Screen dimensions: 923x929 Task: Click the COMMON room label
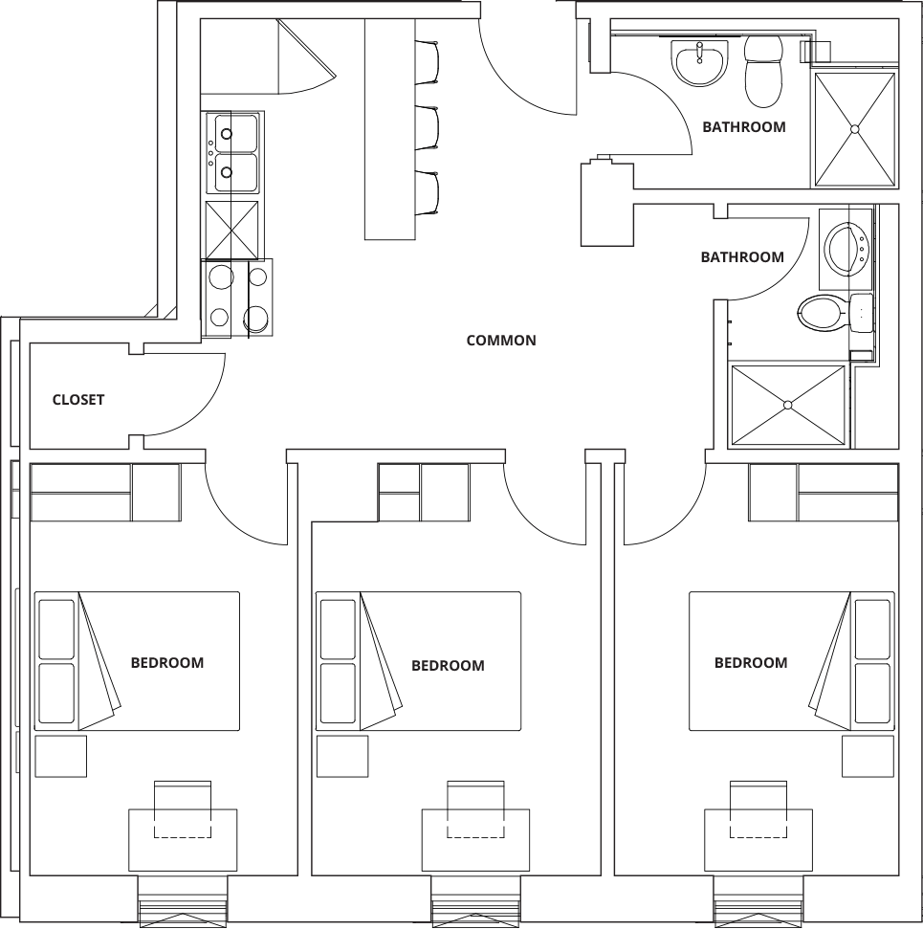[501, 340]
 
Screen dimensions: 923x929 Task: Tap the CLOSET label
[78, 400]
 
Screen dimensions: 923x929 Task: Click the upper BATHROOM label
[744, 127]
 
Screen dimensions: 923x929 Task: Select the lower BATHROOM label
[742, 257]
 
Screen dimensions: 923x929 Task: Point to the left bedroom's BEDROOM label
[167, 662]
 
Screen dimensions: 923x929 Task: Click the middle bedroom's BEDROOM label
[448, 665]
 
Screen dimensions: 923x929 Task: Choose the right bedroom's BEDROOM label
[751, 662]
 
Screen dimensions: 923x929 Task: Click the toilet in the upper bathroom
[763, 71]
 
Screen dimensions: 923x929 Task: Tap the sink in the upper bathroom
[699, 62]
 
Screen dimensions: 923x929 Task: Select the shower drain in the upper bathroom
[855, 128]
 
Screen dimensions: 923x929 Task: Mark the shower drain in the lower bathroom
[788, 405]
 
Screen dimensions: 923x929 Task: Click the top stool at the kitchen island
[427, 62]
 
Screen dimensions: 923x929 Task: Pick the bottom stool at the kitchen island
[427, 192]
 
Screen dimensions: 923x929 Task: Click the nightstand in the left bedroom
[60, 756]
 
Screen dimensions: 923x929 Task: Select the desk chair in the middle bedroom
[475, 808]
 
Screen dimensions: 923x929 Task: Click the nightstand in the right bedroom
[868, 756]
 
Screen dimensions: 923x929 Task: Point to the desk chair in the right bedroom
[758, 808]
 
